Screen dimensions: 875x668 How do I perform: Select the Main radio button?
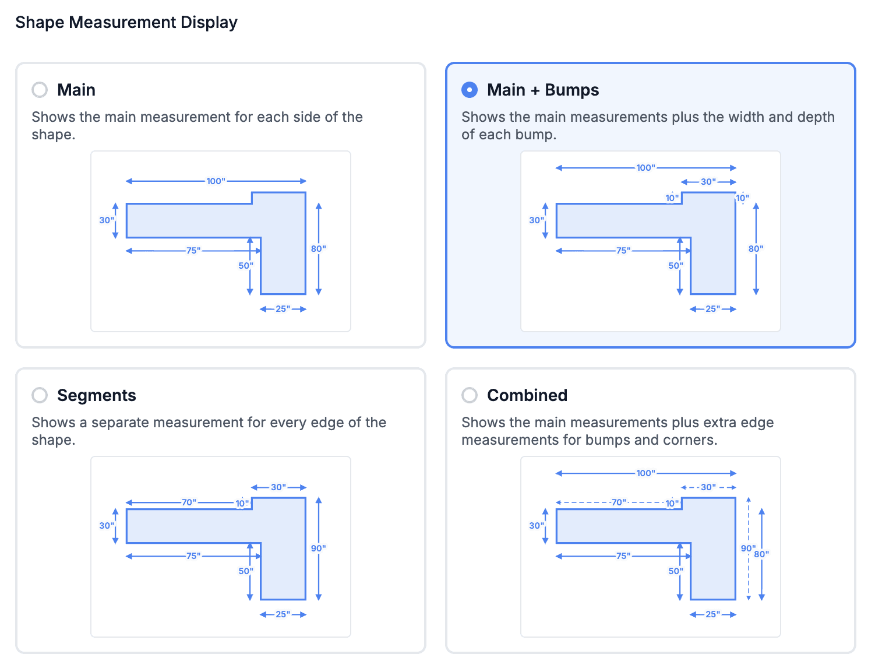point(40,90)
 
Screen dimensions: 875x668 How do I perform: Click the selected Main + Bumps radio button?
point(469,90)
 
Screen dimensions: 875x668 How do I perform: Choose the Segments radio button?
point(40,395)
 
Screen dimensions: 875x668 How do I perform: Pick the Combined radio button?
point(469,395)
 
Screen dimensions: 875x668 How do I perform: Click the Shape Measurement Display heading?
point(126,22)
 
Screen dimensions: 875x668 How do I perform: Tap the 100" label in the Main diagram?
point(216,181)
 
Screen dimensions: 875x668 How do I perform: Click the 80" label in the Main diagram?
point(319,248)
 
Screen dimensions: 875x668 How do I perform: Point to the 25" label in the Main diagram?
point(283,309)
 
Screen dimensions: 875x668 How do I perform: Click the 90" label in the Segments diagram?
point(319,548)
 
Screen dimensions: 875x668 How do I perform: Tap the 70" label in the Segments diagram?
point(189,502)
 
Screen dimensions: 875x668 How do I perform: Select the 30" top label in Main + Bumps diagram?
point(708,181)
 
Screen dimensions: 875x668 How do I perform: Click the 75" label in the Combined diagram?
point(623,556)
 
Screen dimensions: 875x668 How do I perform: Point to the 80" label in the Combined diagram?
point(761,554)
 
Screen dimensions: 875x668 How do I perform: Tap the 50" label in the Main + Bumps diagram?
point(676,265)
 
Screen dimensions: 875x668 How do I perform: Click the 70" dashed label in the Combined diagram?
point(618,502)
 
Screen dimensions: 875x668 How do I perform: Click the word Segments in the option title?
point(97,395)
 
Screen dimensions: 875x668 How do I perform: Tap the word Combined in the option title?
point(527,395)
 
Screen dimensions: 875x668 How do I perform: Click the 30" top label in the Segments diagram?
point(278,487)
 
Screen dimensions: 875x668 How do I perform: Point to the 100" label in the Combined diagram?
point(646,473)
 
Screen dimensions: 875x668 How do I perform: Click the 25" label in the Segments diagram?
point(283,614)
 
